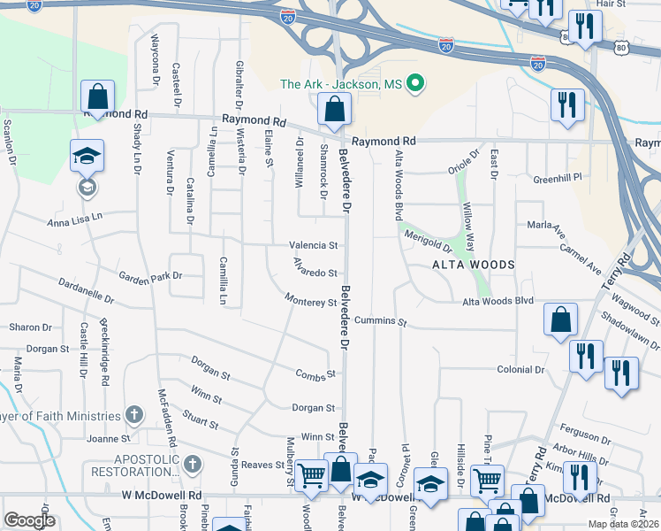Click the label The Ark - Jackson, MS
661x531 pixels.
pyautogui.click(x=341, y=85)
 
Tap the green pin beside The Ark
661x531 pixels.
pyautogui.click(x=413, y=85)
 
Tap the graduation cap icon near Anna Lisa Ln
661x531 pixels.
pyautogui.click(x=87, y=157)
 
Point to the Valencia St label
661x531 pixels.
pyautogui.click(x=313, y=245)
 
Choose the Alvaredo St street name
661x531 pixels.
pyautogui.click(x=315, y=273)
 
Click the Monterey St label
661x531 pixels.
pyautogui.click(x=311, y=302)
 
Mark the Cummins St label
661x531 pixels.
pyautogui.click(x=380, y=320)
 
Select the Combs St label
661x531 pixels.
pyautogui.click(x=316, y=374)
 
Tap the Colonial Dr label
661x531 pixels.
pyautogui.click(x=520, y=369)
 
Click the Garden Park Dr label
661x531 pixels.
pyautogui.click(x=151, y=276)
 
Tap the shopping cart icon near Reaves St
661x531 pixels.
pyautogui.click(x=312, y=476)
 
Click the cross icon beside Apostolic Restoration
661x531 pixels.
pyautogui.click(x=191, y=463)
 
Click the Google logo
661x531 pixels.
pyautogui.click(x=29, y=519)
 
